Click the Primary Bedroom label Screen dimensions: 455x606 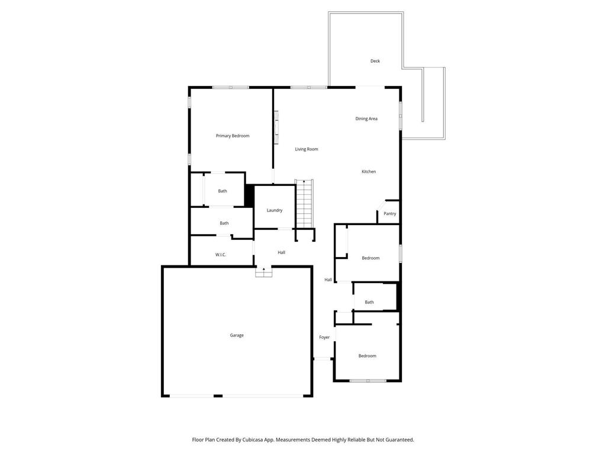coord(233,136)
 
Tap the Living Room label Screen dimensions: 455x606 coord(307,149)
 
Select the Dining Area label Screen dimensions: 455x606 coord(366,119)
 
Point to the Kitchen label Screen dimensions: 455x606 coord(369,172)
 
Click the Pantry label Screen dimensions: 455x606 coord(389,214)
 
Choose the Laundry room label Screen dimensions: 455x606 coord(275,210)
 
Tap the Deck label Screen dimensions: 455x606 coord(375,61)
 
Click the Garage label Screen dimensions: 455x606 coord(237,335)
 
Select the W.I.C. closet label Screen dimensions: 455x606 coord(221,255)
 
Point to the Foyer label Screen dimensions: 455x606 coord(324,338)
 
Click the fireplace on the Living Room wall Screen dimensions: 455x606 coord(276,127)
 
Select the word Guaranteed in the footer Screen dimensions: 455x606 coord(397,440)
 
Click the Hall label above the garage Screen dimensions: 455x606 coord(282,253)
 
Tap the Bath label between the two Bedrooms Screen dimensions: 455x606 coord(369,303)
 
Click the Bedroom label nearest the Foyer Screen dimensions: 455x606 coord(367,356)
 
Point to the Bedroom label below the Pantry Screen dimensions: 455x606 coord(370,258)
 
